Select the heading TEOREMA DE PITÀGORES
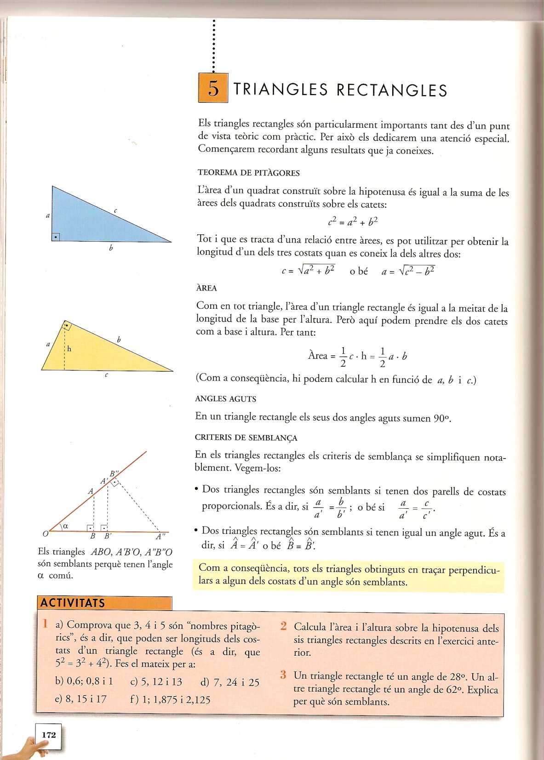(x=248, y=173)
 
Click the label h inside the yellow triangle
(x=69, y=349)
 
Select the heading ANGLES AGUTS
(x=226, y=399)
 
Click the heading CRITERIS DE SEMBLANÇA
(x=246, y=438)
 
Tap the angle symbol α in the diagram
(x=65, y=527)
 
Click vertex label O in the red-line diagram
(x=45, y=534)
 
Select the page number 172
(x=48, y=735)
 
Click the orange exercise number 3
(x=284, y=675)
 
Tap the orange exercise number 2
(x=284, y=626)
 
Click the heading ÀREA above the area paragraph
(x=206, y=289)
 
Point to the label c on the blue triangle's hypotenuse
(x=115, y=210)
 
